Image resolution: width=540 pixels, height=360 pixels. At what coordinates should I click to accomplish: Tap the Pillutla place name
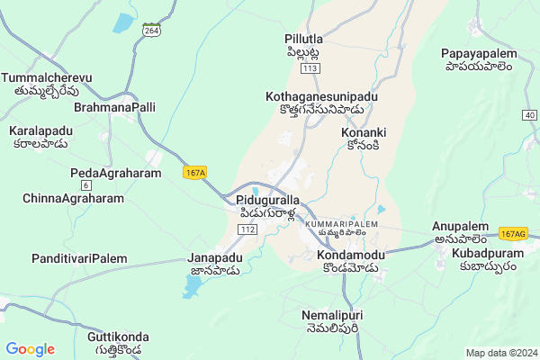coord(303,40)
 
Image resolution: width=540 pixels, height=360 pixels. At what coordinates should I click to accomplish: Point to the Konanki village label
coord(364,132)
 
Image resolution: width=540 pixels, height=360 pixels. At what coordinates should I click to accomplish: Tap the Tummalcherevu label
coord(48,78)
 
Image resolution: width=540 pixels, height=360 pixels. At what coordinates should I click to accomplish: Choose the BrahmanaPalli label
coord(115,107)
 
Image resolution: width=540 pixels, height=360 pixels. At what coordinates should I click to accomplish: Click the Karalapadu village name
coord(41,131)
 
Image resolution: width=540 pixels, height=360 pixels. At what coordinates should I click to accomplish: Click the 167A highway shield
coord(193,172)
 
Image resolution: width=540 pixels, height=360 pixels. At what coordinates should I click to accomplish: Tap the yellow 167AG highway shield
coord(513,234)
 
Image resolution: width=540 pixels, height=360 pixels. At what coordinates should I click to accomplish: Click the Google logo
coord(30,349)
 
